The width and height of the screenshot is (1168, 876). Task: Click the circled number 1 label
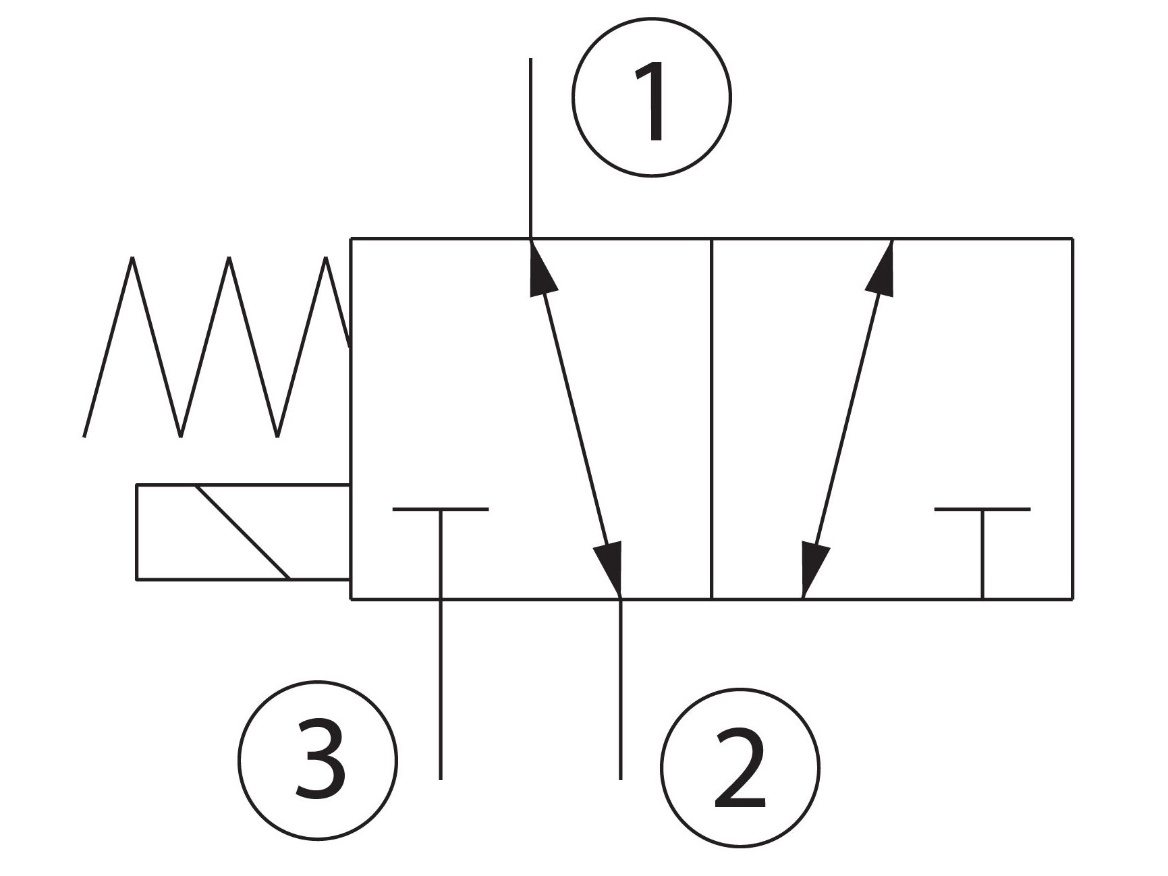tap(652, 97)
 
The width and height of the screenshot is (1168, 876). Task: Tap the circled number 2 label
tap(740, 769)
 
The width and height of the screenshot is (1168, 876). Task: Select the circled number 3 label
tap(318, 760)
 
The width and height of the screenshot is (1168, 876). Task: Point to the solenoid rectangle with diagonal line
tap(243, 532)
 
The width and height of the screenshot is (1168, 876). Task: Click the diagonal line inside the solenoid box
tap(242, 532)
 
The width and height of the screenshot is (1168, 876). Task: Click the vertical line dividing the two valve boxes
tap(712, 418)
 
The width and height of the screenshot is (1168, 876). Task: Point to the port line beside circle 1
tap(531, 148)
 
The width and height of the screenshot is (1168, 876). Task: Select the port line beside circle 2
tap(621, 689)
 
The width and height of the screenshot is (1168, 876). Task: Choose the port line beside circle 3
tap(441, 689)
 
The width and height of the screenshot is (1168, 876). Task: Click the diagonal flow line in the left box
tap(576, 419)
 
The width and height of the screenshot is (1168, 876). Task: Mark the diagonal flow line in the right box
tap(847, 419)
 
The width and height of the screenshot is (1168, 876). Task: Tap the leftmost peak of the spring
tap(133, 257)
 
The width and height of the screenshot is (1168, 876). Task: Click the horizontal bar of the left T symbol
tap(441, 509)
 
